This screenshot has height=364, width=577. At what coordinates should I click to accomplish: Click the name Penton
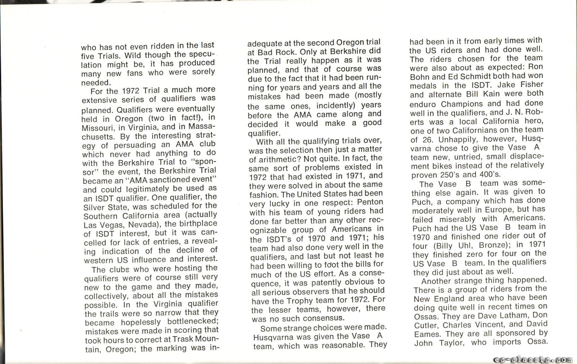[370, 202]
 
